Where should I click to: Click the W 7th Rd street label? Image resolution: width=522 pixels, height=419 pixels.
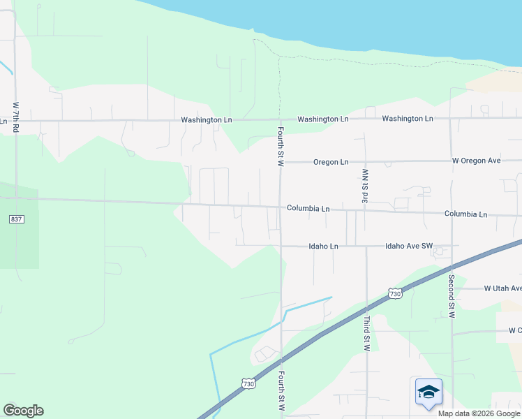[15, 117]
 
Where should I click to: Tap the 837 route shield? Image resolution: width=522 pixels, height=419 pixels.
[17, 219]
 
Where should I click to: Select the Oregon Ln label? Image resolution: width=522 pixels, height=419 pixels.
[330, 162]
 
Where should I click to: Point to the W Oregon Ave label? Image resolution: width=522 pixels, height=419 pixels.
[476, 161]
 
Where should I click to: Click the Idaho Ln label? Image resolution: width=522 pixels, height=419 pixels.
[324, 247]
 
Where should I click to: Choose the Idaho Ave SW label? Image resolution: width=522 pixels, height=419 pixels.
[410, 247]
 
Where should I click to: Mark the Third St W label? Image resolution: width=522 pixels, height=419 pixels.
[366, 333]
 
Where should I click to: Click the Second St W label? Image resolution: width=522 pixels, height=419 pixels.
[452, 297]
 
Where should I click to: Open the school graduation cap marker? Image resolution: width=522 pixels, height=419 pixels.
[428, 392]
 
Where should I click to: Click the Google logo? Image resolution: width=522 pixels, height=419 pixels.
[23, 411]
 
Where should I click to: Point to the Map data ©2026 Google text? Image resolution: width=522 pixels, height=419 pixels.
[478, 413]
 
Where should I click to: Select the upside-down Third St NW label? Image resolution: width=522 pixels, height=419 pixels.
[364, 185]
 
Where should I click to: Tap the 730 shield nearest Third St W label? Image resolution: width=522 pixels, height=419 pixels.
[396, 294]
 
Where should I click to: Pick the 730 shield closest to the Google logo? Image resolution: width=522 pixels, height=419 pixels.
[248, 384]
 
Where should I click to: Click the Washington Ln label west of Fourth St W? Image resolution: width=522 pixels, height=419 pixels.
[206, 119]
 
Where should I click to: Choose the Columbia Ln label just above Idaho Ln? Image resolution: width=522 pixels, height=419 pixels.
[308, 208]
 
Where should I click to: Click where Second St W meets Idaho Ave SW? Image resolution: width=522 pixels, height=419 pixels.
[452, 246]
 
